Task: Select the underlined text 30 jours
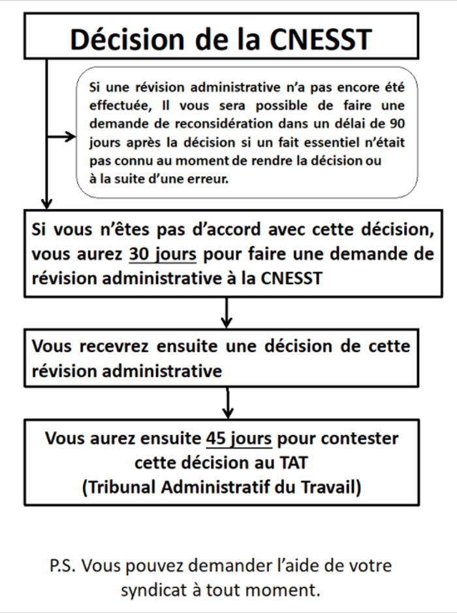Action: [163, 254]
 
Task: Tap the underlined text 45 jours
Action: [238, 437]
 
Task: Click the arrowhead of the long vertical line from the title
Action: [46, 201]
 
